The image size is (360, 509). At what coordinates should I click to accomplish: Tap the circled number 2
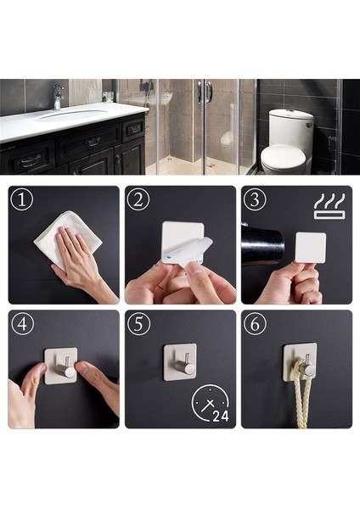point(138,200)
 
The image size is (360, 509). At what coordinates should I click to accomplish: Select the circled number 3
point(254,200)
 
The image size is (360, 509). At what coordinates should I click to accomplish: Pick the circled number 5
point(138,324)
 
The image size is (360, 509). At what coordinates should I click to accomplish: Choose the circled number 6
point(254,324)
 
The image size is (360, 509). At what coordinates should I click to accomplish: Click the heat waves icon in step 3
point(329,206)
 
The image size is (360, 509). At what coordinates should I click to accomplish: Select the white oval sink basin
point(72,115)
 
